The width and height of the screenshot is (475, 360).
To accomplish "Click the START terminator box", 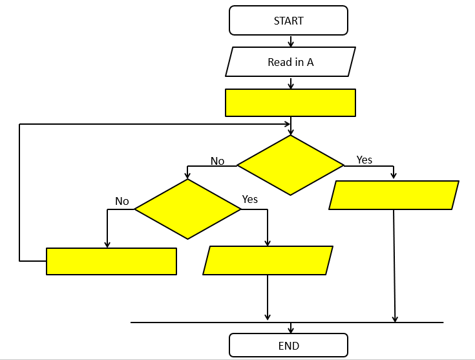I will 288,21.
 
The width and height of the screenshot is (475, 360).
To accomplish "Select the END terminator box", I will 288,345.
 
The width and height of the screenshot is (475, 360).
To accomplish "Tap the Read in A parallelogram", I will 291,63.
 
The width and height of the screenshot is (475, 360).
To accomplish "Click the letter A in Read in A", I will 310,63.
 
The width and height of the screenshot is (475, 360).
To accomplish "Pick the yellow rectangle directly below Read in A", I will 290,103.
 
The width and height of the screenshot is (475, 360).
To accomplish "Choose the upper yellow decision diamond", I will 290,165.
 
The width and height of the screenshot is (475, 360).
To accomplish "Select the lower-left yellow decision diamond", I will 187,209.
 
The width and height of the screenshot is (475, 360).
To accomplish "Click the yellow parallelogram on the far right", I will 394,195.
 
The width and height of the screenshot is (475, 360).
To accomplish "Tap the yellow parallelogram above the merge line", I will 268,260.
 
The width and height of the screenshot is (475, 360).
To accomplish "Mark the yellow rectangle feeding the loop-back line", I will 111,261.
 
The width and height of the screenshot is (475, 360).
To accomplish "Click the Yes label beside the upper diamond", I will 364,160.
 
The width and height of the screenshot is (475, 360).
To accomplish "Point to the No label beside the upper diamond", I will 218,161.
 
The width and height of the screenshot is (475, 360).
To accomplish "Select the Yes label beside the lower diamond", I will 249,199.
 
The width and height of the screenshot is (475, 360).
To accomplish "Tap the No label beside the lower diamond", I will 122,201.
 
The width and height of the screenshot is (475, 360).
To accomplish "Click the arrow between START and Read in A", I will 291,41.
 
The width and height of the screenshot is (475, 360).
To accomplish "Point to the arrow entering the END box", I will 291,328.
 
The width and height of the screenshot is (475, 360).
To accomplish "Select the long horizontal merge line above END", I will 194,322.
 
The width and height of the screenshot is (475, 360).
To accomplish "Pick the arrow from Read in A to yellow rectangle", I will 291,83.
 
